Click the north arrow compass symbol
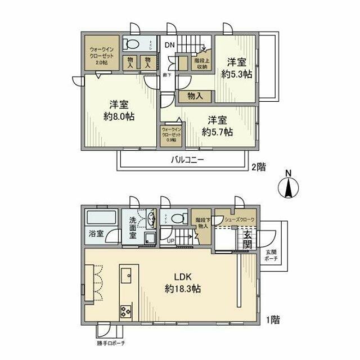[288, 187]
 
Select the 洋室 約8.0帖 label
[119, 110]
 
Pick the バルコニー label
[187, 160]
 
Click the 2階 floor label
[258, 166]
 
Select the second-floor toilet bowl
[133, 44]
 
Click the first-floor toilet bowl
[178, 218]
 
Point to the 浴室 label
[96, 233]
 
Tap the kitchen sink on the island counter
[125, 275]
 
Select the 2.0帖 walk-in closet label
[101, 56]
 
